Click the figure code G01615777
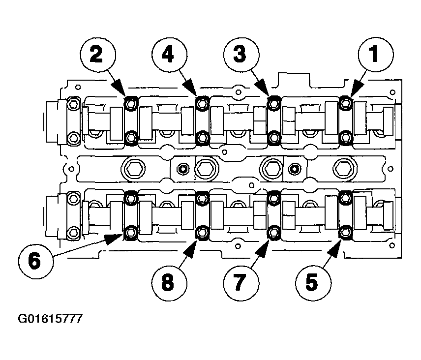50,319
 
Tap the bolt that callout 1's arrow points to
345,103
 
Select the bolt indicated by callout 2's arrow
130,103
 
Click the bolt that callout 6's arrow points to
130,232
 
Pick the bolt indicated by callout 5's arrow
345,232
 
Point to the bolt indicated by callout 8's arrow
202,232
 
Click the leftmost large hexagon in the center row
133,168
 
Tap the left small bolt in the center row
183,169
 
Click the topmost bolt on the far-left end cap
73,104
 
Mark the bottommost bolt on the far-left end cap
73,232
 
